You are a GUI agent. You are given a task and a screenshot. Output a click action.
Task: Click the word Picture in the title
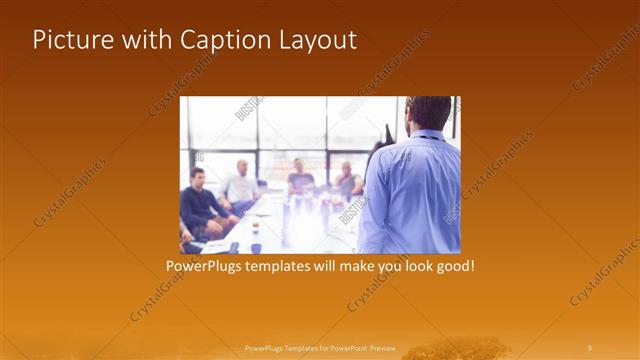(69, 40)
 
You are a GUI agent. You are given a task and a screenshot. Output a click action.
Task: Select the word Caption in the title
(218, 40)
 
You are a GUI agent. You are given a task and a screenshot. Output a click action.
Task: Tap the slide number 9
(590, 348)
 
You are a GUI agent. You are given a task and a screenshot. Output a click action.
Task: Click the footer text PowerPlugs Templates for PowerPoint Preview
(320, 348)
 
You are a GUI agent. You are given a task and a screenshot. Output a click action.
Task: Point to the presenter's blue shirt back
(410, 195)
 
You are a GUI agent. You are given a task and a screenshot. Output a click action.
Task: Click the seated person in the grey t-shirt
(299, 178)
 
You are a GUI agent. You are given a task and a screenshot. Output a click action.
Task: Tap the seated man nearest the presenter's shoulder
(347, 180)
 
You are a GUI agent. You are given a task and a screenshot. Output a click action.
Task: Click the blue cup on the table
(256, 246)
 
